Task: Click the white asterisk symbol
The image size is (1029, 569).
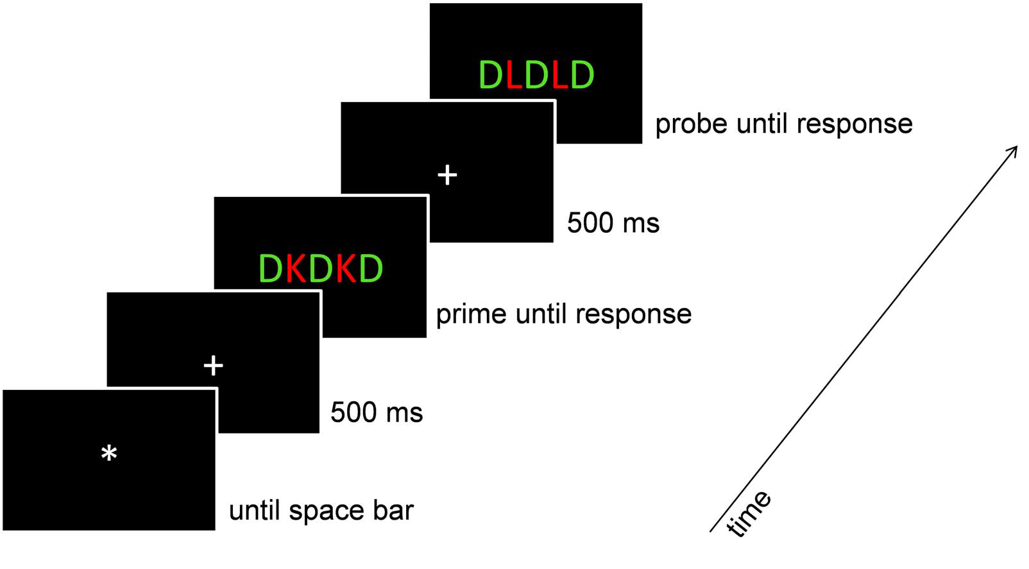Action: point(109,454)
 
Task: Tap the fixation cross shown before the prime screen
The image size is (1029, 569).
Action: point(213,366)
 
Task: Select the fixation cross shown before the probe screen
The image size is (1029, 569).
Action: point(447,174)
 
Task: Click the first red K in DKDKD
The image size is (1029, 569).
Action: point(295,269)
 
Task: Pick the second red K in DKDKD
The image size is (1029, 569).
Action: point(346,269)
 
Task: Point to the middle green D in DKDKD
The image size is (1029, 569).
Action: point(320,269)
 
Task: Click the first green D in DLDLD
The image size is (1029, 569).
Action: point(491,75)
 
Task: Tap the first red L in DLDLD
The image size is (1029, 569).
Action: point(514,75)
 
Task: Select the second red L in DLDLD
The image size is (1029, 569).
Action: point(560,75)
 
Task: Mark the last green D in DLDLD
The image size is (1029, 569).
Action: point(582,75)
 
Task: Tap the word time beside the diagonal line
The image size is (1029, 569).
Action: point(749,513)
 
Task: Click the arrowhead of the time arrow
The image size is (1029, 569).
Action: point(1013,150)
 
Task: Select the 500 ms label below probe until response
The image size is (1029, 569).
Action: point(613,223)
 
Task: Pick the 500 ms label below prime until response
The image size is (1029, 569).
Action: point(377,412)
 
